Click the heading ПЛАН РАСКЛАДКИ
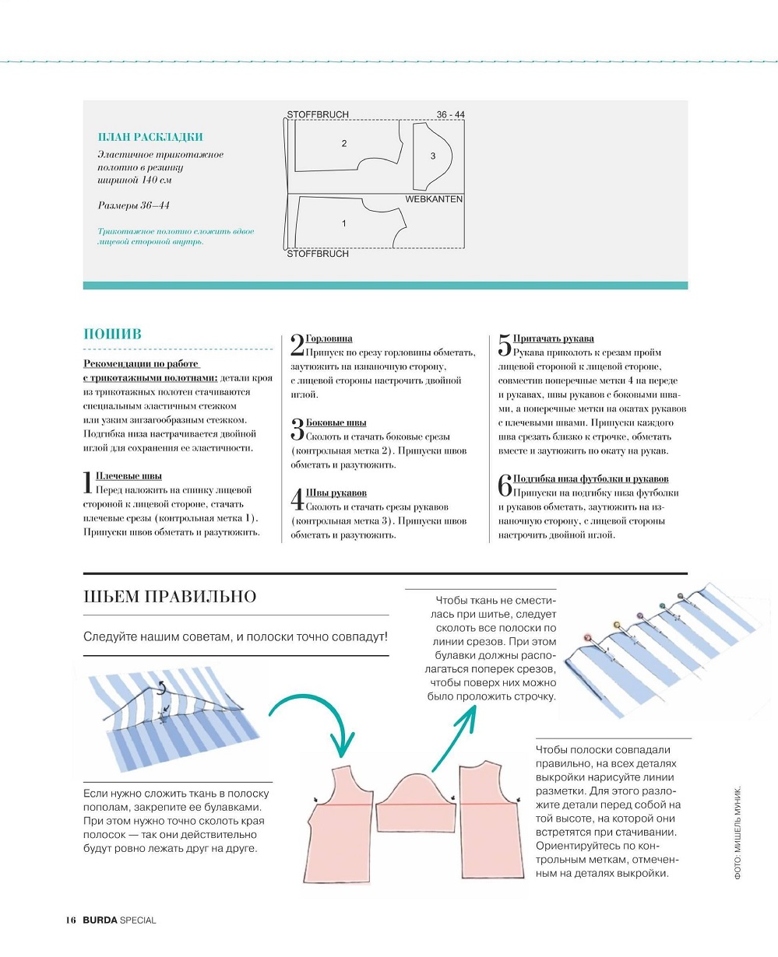click(x=150, y=137)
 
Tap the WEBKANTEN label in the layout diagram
click(x=434, y=199)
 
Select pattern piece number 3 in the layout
click(x=433, y=156)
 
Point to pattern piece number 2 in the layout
click(x=343, y=143)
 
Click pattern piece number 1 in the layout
click(x=343, y=223)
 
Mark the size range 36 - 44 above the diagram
click(x=450, y=114)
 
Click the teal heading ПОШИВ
click(x=112, y=334)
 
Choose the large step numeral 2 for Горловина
click(x=297, y=345)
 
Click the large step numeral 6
click(x=504, y=486)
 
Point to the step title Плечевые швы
click(x=128, y=475)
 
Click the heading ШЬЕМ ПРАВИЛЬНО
click(x=169, y=597)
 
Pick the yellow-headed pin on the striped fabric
click(x=618, y=624)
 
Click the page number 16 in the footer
click(x=70, y=920)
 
